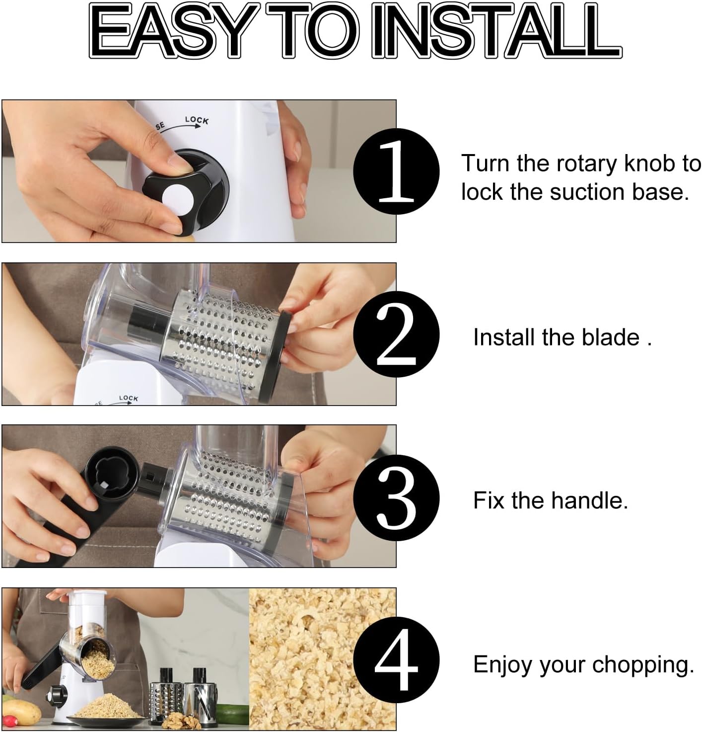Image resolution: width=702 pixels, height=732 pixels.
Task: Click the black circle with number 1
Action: tap(396, 171)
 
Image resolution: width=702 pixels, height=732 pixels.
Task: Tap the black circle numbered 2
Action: tap(396, 334)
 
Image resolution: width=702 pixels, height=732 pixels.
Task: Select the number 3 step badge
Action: tap(396, 498)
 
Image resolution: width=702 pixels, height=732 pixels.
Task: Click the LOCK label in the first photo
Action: tap(197, 120)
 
